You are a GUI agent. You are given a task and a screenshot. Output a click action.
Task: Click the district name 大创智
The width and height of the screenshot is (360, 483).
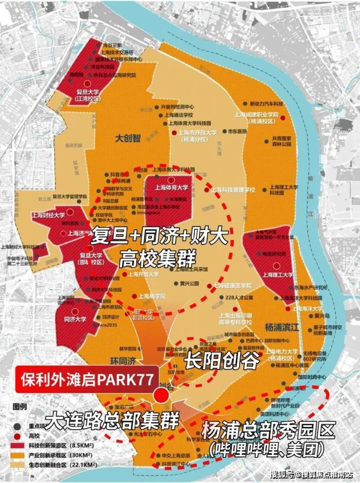(127, 138)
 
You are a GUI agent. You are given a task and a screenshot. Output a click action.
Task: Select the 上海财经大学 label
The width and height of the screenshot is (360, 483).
(48, 215)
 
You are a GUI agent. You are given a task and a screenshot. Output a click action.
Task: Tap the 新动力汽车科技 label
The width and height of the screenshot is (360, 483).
(266, 104)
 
